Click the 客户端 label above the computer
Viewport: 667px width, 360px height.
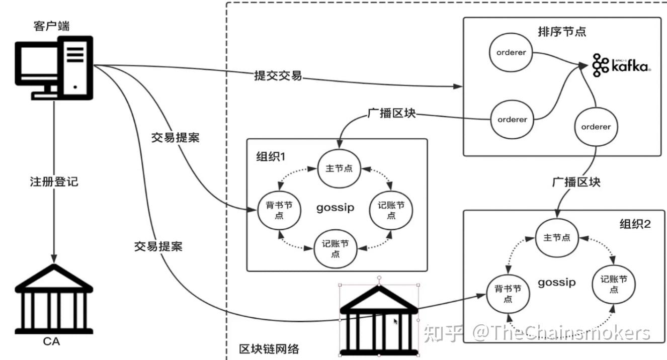[52, 26]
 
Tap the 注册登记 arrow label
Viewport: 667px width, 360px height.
[54, 182]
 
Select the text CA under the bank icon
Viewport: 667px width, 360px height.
[52, 342]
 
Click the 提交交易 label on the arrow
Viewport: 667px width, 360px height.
[278, 76]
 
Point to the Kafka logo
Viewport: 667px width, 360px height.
[621, 65]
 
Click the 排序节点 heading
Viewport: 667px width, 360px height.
[562, 31]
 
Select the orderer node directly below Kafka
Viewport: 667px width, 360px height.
[596, 127]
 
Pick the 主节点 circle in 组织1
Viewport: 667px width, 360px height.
[339, 168]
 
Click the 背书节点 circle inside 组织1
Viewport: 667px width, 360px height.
[279, 210]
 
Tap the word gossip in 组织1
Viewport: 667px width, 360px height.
[335, 208]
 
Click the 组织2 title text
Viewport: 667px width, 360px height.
[635, 224]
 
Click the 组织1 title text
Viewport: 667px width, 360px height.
[271, 156]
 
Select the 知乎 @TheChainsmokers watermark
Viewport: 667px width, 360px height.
[537, 333]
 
